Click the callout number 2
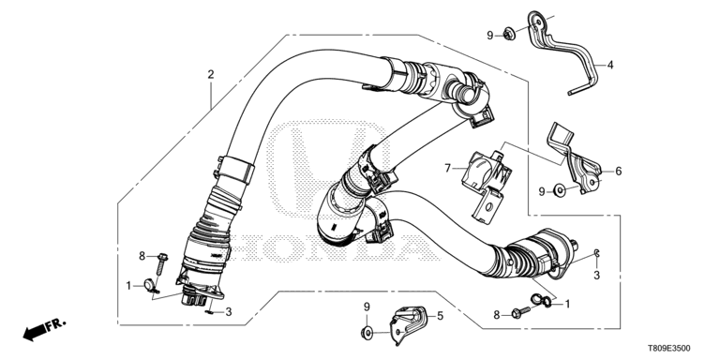click(x=211, y=74)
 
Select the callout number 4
click(x=610, y=66)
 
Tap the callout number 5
click(x=440, y=316)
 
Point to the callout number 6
click(x=619, y=172)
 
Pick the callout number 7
click(x=448, y=169)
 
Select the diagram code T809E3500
click(x=669, y=349)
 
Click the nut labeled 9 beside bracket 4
click(x=508, y=34)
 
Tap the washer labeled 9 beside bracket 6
click(x=560, y=189)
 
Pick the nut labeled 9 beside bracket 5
click(x=367, y=332)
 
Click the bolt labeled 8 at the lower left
click(x=160, y=264)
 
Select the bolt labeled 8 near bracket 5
click(x=520, y=313)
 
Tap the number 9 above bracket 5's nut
click(x=367, y=307)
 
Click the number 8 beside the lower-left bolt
click(x=142, y=256)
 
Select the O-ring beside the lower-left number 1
click(x=148, y=284)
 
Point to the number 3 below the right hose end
click(x=596, y=276)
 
